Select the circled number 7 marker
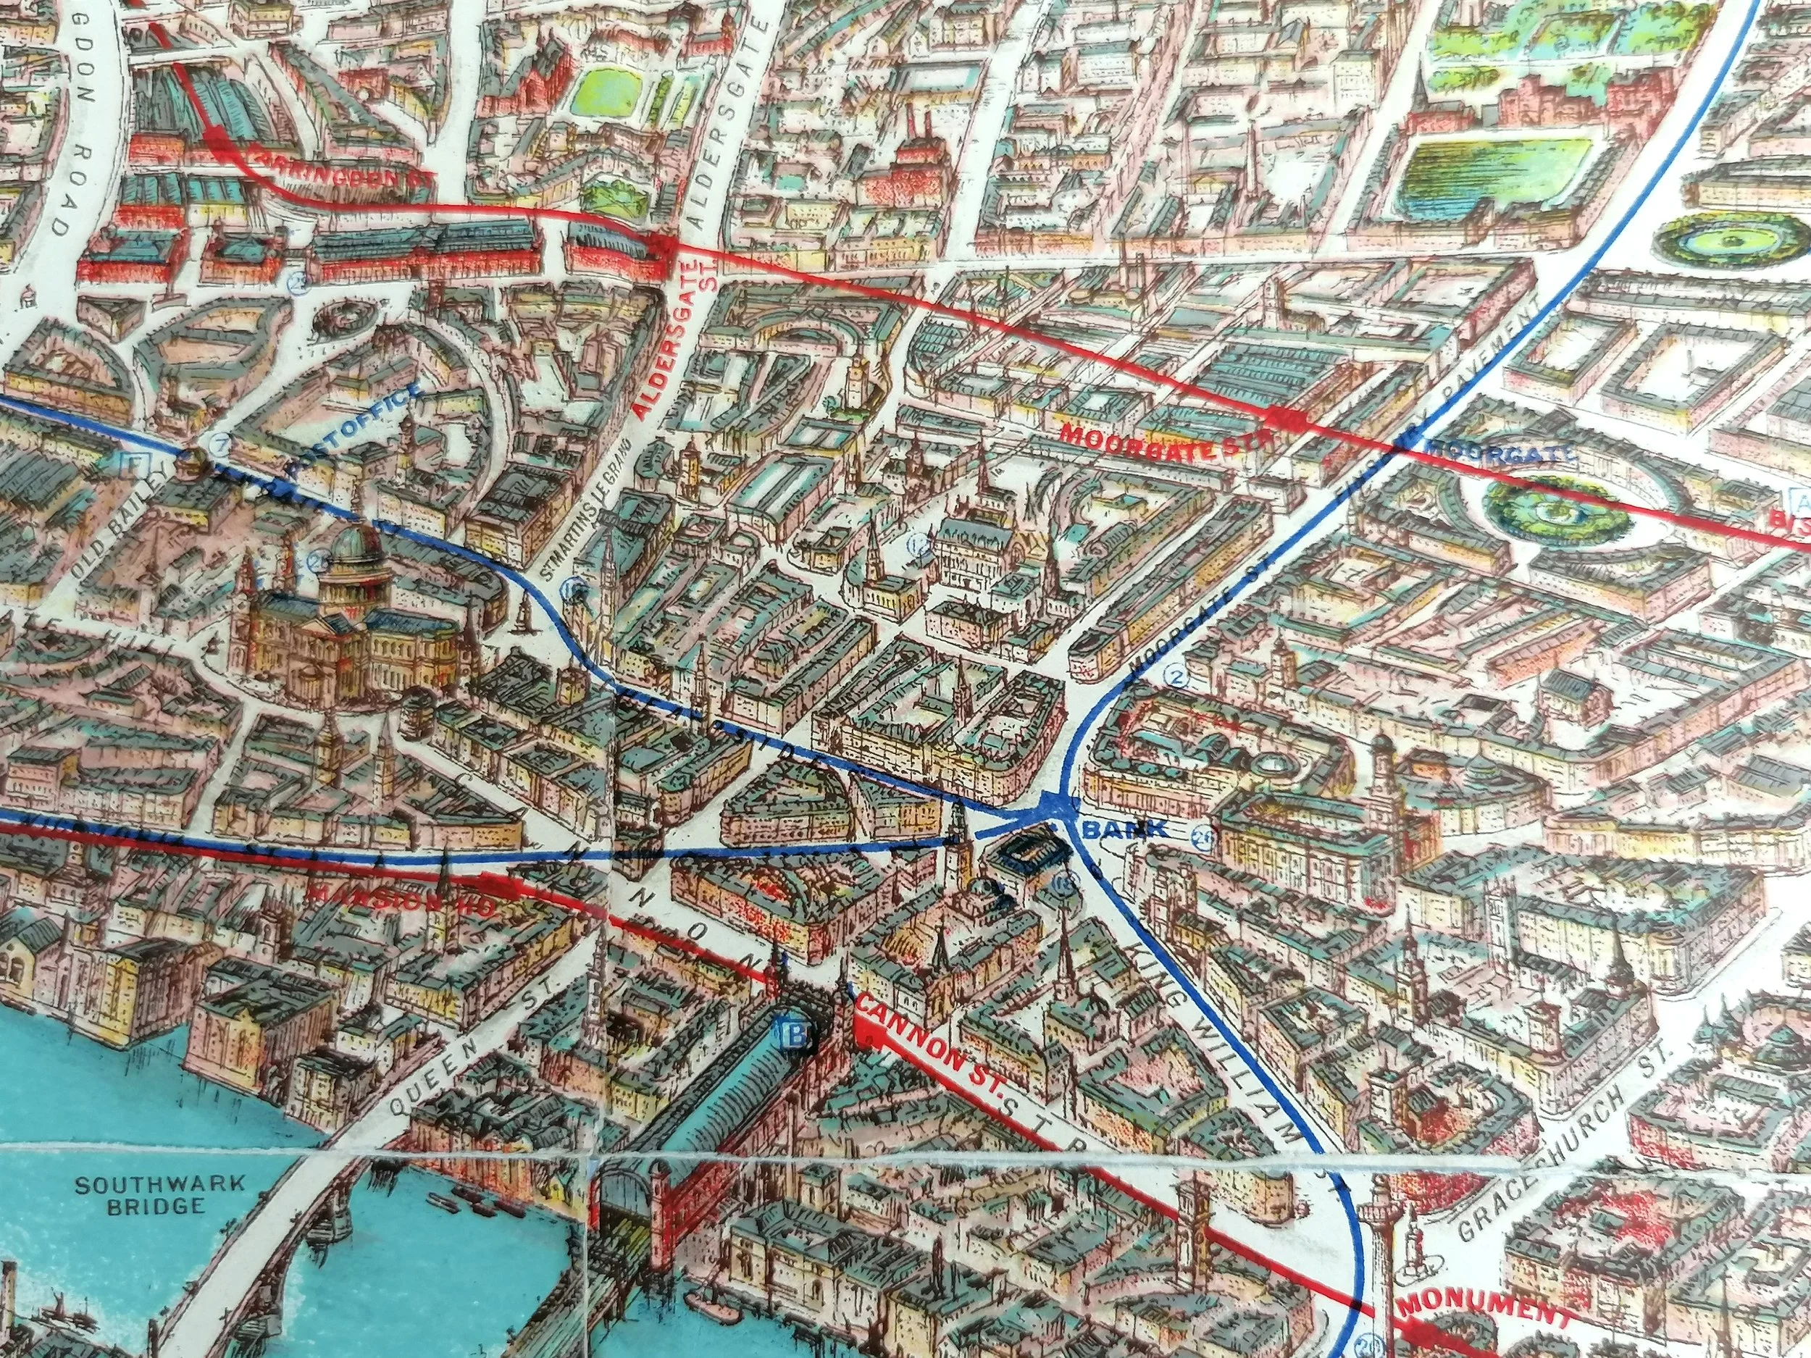click(x=219, y=445)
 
